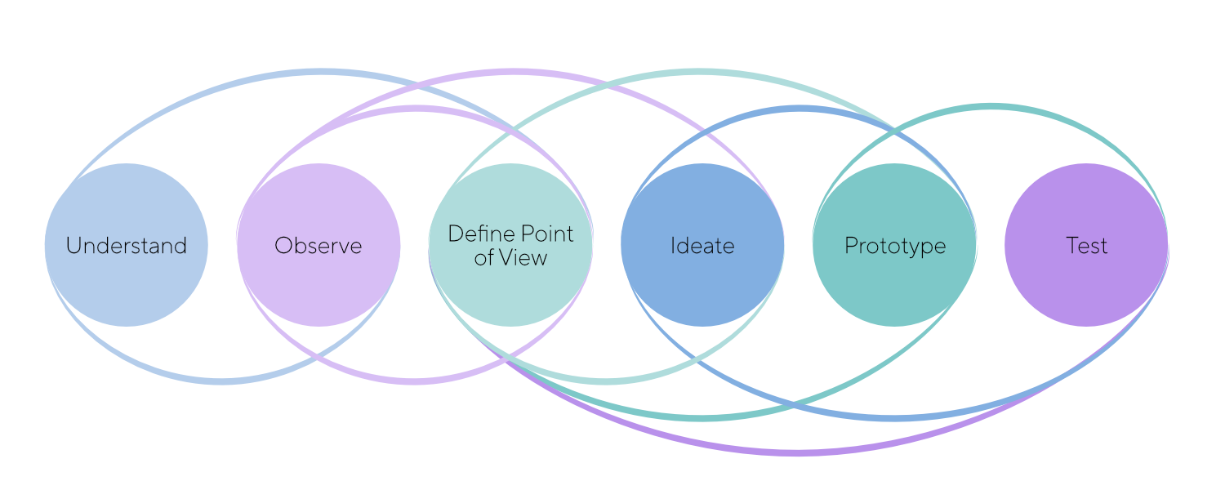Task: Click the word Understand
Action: pos(126,246)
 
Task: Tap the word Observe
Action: pos(318,246)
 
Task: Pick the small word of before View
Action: pos(483,258)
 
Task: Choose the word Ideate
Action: pos(702,246)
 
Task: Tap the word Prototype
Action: pos(895,246)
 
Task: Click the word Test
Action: pos(1086,246)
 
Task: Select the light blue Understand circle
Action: pos(126,294)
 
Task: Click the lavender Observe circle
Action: pos(318,294)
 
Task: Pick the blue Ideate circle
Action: pos(702,294)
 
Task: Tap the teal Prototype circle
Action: pos(895,294)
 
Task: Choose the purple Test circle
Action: pos(1086,294)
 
